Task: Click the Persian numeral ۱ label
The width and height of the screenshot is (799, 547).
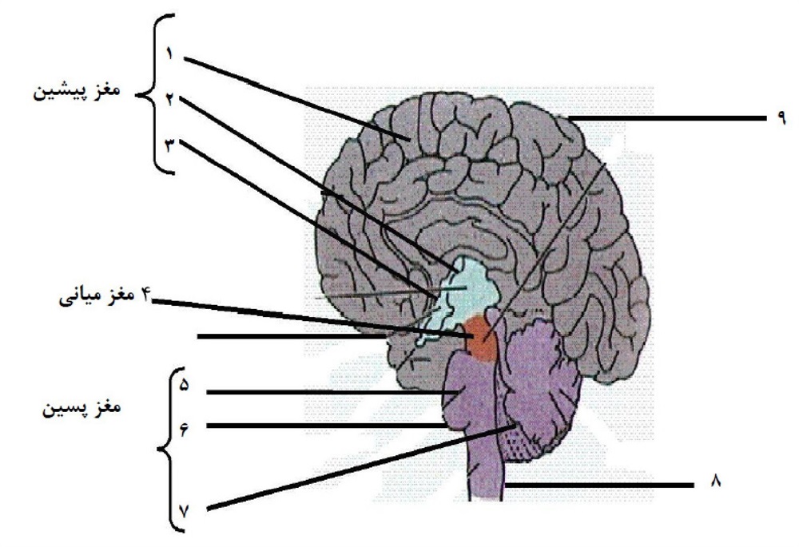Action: (x=169, y=54)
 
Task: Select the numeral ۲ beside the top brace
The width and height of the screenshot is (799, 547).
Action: (x=169, y=99)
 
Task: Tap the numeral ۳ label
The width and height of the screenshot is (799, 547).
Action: (x=169, y=145)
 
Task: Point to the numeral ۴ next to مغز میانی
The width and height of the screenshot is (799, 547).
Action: (x=146, y=294)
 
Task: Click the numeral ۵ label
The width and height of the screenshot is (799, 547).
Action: (x=184, y=385)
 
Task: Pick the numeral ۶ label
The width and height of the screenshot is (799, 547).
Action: (x=184, y=429)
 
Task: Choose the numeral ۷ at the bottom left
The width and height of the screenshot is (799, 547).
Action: (x=184, y=511)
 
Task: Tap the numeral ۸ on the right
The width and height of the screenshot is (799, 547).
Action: (x=716, y=481)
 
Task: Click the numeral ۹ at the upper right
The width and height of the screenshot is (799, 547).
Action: (x=781, y=117)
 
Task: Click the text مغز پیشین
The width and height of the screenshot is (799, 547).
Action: (x=77, y=92)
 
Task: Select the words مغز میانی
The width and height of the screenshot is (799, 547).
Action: (x=97, y=296)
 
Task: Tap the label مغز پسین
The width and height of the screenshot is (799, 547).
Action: (x=81, y=408)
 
